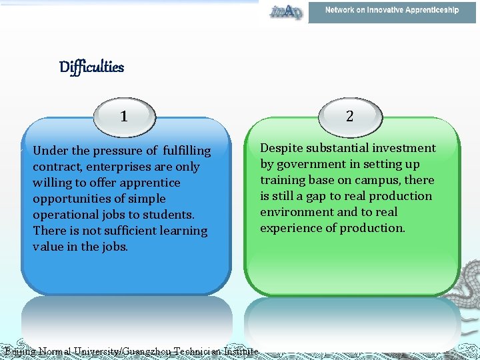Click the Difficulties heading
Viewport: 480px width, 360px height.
pos(91,67)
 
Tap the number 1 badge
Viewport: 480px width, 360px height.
pos(125,117)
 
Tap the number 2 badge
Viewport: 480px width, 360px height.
pos(349,116)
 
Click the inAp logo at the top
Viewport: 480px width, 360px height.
pos(286,11)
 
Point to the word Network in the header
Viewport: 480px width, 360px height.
pos(340,10)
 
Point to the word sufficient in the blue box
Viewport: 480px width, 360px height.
pos(127,231)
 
